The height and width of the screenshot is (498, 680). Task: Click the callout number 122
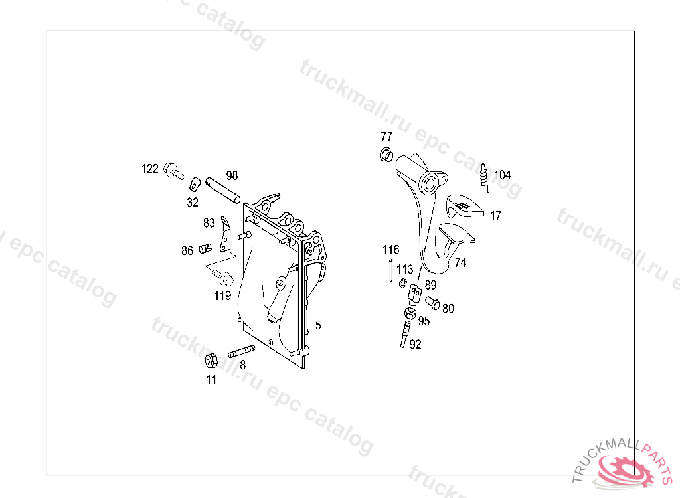pos(150,169)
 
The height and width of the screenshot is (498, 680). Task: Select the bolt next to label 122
pos(173,171)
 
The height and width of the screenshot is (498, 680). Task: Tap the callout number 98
pos(232,176)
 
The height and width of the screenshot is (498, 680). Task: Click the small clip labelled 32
pos(195,183)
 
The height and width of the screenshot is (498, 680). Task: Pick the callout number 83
pos(209,223)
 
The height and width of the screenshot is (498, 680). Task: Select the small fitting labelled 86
pos(206,249)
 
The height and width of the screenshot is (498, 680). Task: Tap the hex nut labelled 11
pos(211,361)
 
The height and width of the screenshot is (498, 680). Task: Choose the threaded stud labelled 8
pos(242,352)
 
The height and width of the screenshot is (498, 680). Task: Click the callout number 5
pos(318,325)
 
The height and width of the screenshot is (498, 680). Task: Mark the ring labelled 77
pos(384,156)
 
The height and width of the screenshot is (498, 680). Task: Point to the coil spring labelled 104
pos(485,175)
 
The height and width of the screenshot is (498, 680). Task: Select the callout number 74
pos(460,263)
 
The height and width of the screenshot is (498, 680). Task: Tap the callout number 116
pos(390,250)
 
